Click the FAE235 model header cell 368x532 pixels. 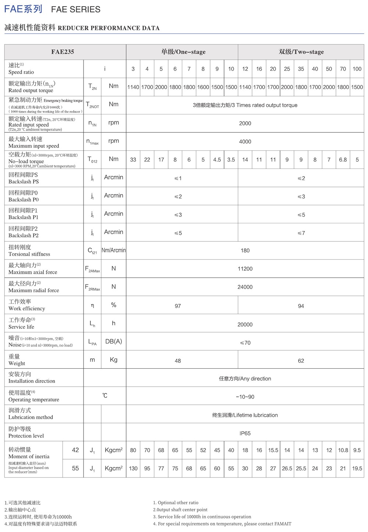(63, 52)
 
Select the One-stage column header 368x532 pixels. (183, 52)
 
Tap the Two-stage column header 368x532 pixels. (301, 52)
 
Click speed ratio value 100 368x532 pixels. (357, 69)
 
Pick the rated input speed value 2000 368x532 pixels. (245, 123)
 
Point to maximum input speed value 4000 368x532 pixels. (245, 142)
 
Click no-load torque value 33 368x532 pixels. (133, 160)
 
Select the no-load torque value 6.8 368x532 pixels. (343, 160)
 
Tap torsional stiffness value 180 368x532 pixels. (245, 251)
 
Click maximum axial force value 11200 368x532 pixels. (245, 269)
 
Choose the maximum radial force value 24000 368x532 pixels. (245, 287)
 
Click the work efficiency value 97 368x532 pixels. (178, 306)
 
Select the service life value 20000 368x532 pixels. (245, 324)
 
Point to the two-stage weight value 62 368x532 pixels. (301, 361)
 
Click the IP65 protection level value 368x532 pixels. (245, 433)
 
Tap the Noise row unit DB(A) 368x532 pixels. (113, 341)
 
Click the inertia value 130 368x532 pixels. (133, 468)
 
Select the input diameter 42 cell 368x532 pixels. (75, 450)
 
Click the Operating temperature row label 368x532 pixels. (33, 396)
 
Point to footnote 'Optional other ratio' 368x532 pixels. (178, 503)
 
